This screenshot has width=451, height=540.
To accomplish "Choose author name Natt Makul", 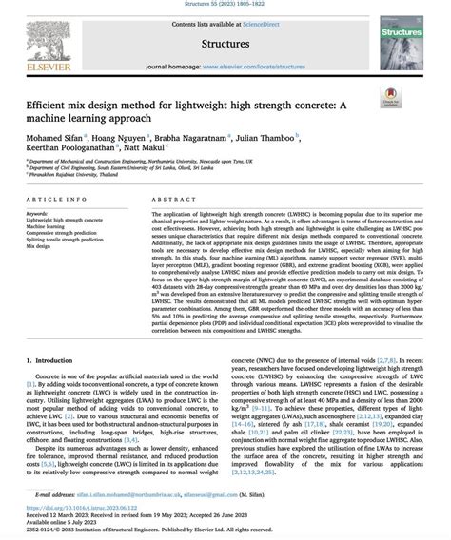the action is pyautogui.click(x=152, y=149).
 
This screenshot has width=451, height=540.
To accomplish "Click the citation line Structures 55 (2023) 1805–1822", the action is pyautogui.click(x=225, y=6).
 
